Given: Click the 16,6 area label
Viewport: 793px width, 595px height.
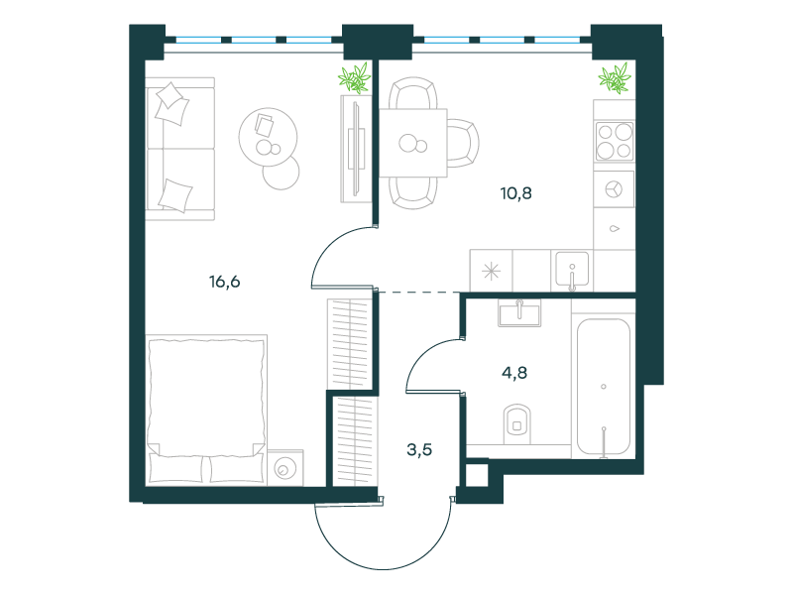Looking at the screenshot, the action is click(x=225, y=282).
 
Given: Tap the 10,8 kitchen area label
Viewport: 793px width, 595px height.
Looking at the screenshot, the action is click(x=515, y=193).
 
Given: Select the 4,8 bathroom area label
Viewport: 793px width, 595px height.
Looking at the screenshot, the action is click(x=514, y=373).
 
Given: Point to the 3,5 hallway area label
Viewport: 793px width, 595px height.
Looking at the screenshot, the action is click(x=419, y=449).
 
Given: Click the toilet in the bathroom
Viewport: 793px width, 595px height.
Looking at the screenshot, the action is click(x=516, y=424).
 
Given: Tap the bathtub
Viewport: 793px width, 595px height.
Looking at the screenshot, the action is click(x=604, y=387).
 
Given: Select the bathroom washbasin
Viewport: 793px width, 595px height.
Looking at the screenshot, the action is click(x=519, y=312).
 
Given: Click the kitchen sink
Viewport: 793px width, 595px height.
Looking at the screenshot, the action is click(x=572, y=270).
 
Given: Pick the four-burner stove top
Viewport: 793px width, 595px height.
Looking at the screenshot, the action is click(x=615, y=141).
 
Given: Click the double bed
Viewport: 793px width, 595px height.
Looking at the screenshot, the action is click(x=206, y=410).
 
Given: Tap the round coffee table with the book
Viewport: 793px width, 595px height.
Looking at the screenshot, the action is click(x=268, y=137).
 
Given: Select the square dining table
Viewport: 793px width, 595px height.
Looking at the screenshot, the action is click(x=413, y=143).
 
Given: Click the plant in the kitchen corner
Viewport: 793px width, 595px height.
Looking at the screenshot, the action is click(x=615, y=78).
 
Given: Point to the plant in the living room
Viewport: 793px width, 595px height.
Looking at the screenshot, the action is click(x=355, y=78).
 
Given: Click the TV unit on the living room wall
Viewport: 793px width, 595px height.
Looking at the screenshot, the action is click(x=356, y=149).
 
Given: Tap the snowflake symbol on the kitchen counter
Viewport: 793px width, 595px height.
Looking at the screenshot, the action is click(x=491, y=272).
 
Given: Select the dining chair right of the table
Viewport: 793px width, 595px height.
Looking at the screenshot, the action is click(x=463, y=143).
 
